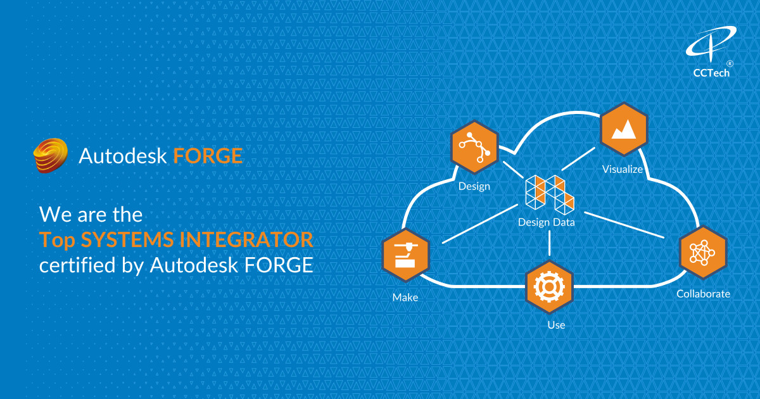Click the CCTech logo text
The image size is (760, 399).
coord(711,73)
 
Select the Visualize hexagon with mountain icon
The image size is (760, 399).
coord(623,130)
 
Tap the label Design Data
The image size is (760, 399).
coord(546,222)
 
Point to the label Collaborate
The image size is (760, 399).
coord(703,294)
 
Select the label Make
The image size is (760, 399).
coord(405,297)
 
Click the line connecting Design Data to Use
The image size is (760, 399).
coord(549,244)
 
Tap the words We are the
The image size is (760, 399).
coord(91,213)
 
